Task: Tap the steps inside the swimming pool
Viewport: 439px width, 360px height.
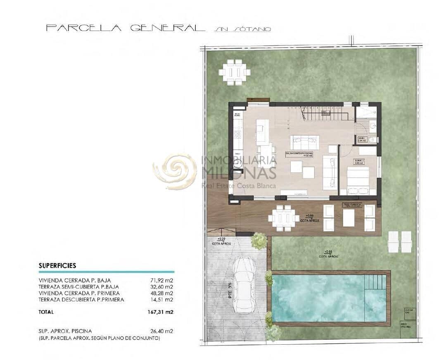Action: coord(375,283)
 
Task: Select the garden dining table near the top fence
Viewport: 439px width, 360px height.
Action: coord(235,72)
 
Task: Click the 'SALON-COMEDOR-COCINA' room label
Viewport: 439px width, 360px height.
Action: coord(299,154)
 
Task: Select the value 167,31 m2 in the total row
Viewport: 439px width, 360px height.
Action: coord(161,312)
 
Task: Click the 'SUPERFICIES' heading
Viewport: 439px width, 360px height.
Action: coord(57,266)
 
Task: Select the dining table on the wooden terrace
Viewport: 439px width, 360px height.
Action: coord(283,217)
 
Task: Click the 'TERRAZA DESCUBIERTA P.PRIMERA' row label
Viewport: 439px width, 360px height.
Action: coord(81,299)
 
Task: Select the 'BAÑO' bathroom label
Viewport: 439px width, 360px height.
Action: coord(361,140)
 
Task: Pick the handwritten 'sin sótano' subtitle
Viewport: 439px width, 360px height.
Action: coord(243,29)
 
